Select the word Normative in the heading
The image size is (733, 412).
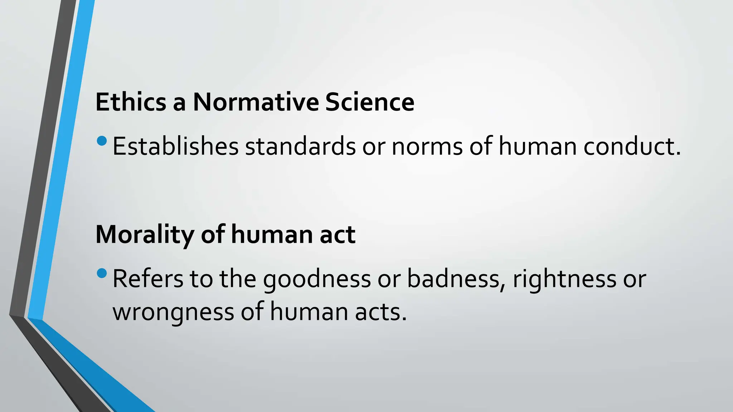click(256, 102)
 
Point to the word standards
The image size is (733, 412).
click(300, 146)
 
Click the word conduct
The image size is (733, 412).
click(632, 146)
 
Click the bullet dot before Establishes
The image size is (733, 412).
click(102, 141)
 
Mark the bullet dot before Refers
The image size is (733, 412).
click(102, 273)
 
